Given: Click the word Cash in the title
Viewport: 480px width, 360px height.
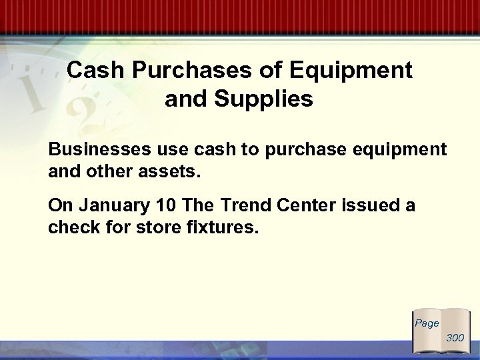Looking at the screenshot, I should point(95,71).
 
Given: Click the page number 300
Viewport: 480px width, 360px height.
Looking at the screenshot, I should point(455,338).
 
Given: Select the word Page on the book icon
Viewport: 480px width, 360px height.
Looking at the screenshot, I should point(427,323).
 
